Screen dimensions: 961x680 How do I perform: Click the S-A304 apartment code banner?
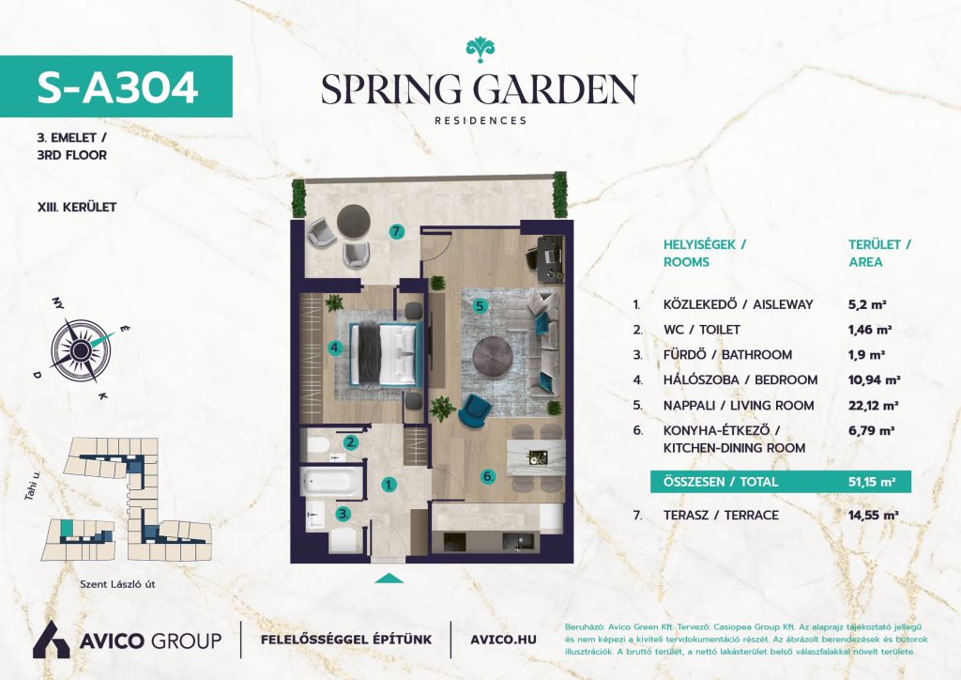coord(115,86)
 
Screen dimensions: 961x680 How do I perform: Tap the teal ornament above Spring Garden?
coord(480,50)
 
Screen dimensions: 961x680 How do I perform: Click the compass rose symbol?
coord(81,348)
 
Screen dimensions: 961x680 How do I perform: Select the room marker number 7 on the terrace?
coord(397,232)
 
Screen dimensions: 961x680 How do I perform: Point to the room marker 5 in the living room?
coord(481,305)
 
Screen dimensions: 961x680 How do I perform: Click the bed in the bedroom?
coord(386,354)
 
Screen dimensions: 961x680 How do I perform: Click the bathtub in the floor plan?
coord(331,482)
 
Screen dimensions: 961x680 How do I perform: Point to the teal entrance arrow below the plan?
coord(389,579)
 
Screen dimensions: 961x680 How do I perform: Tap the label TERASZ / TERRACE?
coord(721,515)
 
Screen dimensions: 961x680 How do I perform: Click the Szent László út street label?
coord(117,584)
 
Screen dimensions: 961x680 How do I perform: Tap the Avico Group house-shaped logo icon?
coord(51,640)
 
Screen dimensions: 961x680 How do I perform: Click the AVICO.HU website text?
coord(503,641)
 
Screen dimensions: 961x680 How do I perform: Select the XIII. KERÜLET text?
coord(77,208)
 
